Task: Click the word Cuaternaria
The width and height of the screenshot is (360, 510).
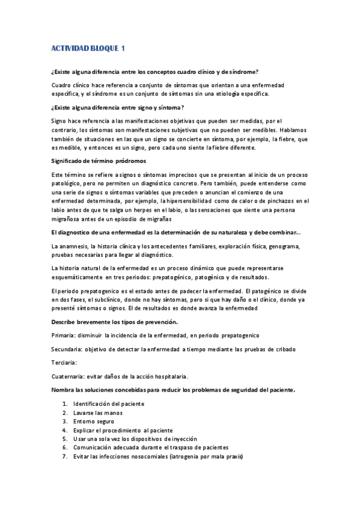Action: click(x=67, y=376)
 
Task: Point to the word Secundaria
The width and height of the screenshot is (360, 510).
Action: click(x=67, y=349)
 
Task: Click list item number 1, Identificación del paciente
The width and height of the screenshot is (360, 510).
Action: click(x=108, y=404)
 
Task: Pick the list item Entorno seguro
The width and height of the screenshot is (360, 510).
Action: click(x=93, y=422)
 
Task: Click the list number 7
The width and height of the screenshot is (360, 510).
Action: click(x=64, y=457)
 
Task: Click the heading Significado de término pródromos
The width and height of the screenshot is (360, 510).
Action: click(x=99, y=161)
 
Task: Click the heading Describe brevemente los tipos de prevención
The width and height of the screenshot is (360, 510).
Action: click(x=114, y=322)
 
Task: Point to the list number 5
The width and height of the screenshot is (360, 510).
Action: click(x=64, y=440)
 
